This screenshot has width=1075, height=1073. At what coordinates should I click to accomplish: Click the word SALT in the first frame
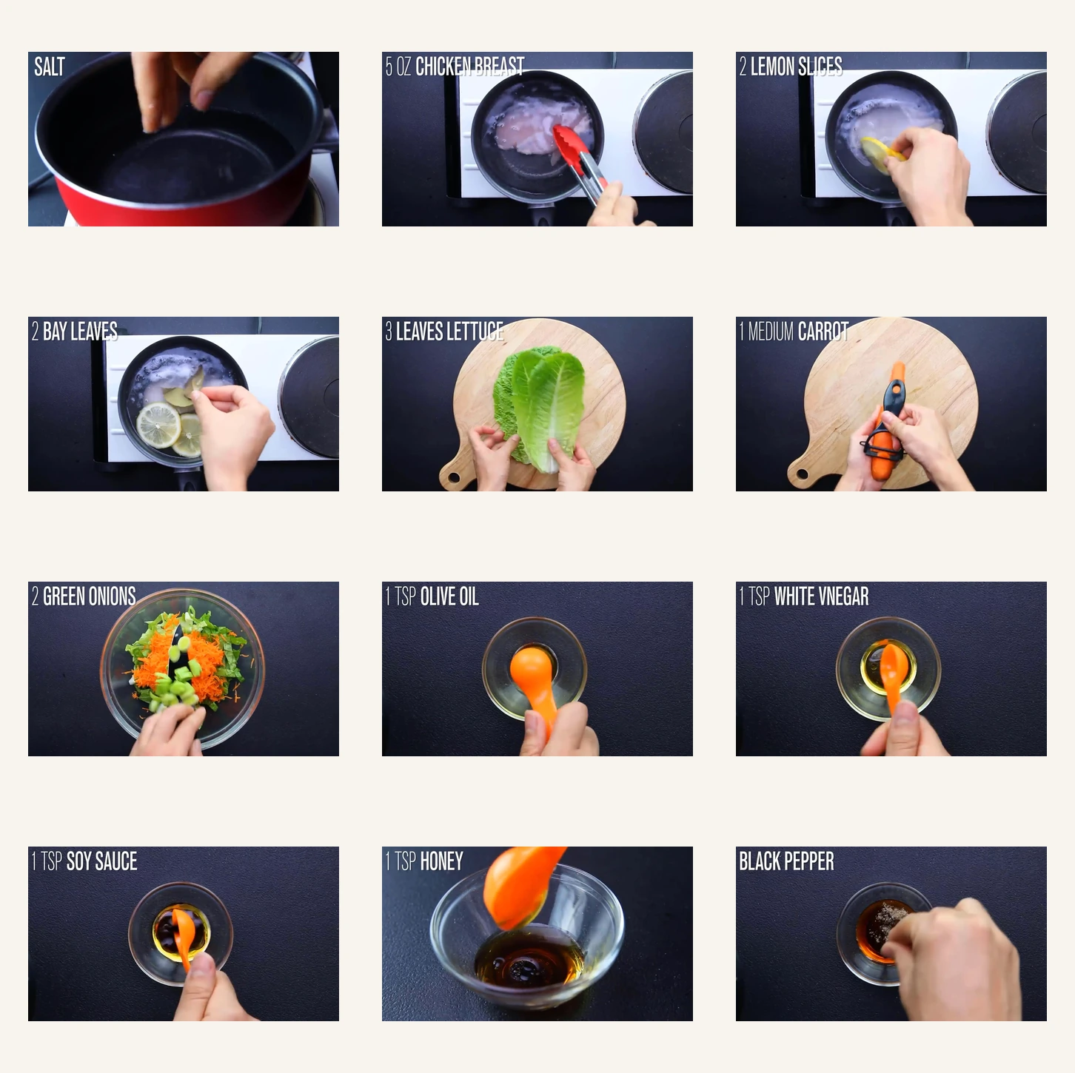coord(50,67)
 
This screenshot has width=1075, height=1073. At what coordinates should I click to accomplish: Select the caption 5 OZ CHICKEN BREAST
coord(455,67)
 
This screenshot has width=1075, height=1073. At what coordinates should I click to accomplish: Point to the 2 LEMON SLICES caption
coord(790,67)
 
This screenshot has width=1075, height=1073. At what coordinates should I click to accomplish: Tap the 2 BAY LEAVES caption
coord(74,332)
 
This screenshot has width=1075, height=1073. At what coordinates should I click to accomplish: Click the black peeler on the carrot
coord(888,422)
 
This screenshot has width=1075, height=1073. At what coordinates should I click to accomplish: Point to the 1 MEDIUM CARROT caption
coord(793,332)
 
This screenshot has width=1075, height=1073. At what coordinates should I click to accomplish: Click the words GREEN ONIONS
coord(90,596)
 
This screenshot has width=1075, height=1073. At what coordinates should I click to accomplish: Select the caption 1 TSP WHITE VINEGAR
coord(803,596)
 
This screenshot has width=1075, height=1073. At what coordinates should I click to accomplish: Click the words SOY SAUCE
coord(101,861)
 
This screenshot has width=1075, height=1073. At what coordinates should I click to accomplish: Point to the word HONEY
coord(441,861)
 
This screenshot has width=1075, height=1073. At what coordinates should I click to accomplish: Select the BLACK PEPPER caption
coord(786,861)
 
